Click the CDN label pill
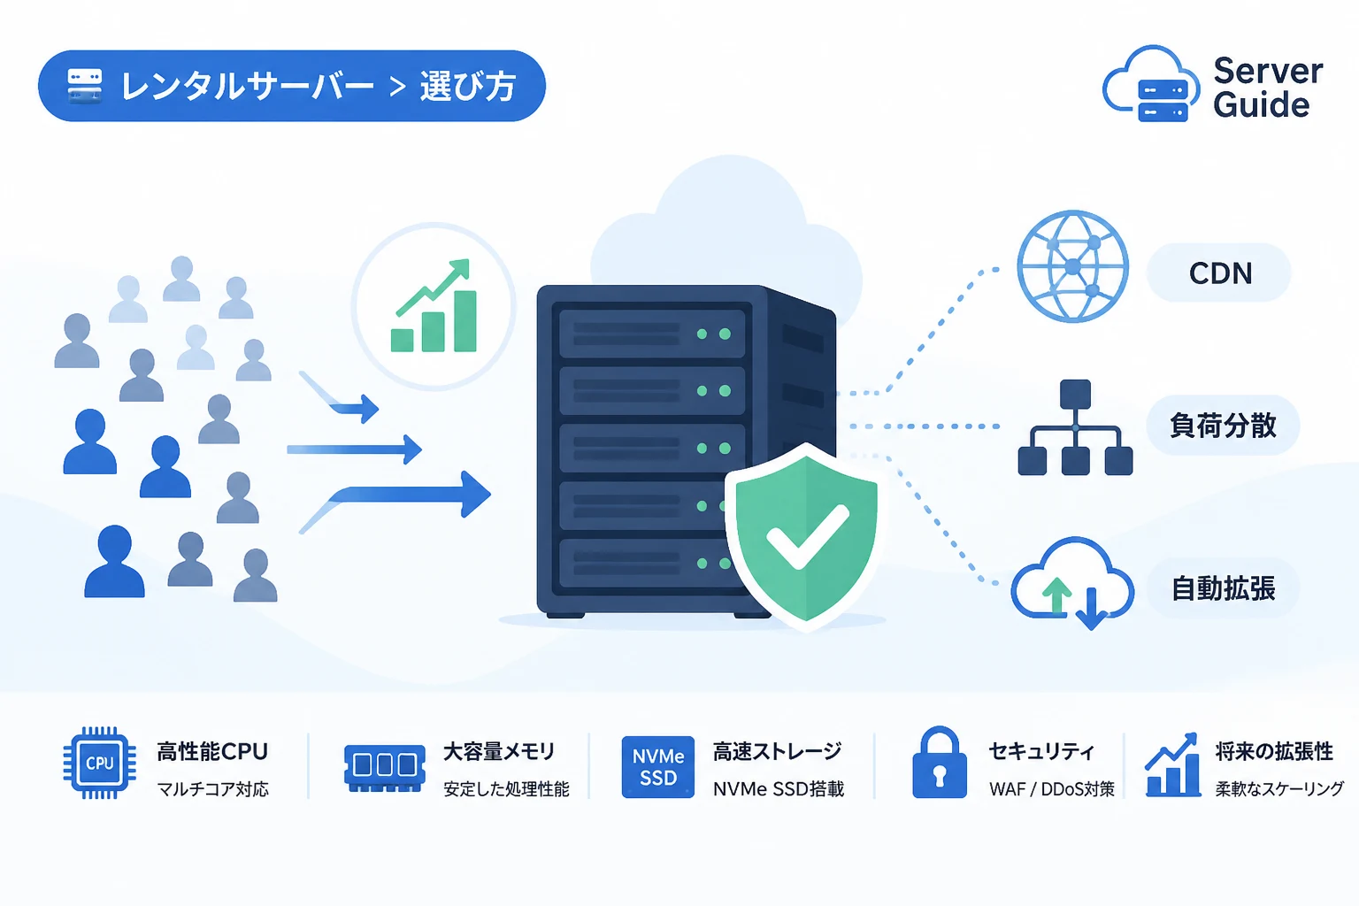click(1219, 273)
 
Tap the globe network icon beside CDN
click(1072, 265)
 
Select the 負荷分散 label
click(1223, 425)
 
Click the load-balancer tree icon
click(1075, 427)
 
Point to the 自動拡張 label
click(1223, 588)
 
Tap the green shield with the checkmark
click(806, 536)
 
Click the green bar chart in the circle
click(434, 306)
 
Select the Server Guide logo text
click(1267, 88)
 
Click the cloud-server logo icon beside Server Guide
click(1150, 84)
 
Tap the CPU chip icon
click(99, 762)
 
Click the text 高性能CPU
click(212, 751)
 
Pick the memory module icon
click(384, 768)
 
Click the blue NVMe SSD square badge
click(657, 766)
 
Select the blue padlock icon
click(939, 762)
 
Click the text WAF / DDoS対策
click(1051, 789)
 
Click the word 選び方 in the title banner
click(468, 86)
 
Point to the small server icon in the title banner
click(84, 86)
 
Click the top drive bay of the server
click(652, 334)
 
